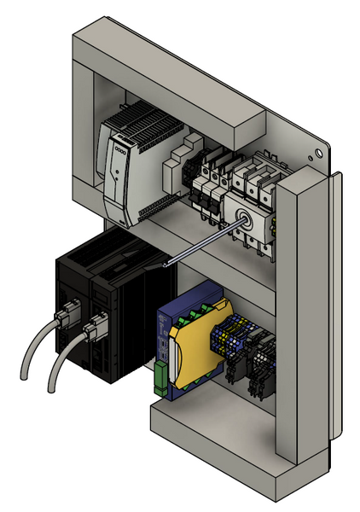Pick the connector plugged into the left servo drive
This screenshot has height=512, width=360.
(x=64, y=319)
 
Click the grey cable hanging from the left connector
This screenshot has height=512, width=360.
(x=34, y=350)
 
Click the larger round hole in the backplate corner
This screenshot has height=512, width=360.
(x=320, y=153)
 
